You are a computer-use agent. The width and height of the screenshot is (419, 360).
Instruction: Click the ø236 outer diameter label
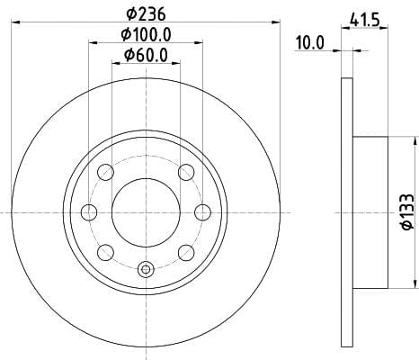point(146,13)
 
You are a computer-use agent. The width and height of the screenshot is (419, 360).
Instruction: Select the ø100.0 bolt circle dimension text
point(146,34)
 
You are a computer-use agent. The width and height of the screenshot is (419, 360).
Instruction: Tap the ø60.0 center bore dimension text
point(146,55)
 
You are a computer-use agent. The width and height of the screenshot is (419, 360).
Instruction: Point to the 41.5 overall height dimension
point(365,21)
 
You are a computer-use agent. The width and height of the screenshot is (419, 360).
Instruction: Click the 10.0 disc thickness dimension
point(310,42)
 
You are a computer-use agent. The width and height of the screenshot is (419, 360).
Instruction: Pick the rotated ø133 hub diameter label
point(407,212)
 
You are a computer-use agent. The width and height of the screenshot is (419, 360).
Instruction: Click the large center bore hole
point(146,212)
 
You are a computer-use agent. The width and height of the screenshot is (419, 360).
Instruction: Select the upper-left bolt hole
point(106,172)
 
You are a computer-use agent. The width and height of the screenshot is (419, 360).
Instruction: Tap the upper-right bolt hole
point(186,172)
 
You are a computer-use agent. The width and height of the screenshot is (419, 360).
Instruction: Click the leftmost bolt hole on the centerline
point(89,212)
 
